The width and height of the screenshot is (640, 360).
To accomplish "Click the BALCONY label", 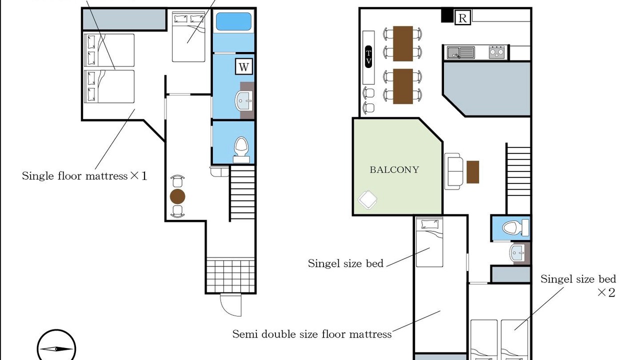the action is (394, 169).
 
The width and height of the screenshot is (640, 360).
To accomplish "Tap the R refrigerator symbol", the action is (462, 17).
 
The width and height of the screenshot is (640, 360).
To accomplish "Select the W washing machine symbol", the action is (243, 66).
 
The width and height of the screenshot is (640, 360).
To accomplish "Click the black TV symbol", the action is (368, 57).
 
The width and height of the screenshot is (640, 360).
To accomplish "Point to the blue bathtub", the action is (233, 21).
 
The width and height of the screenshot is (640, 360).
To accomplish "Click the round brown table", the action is (177, 196).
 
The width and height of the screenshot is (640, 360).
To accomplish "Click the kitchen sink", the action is (461, 53).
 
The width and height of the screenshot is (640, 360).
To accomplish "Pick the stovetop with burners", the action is (496, 52).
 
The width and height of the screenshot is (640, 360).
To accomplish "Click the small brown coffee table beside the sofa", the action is (473, 172).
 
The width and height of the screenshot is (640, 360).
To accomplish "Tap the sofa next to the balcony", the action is (453, 171).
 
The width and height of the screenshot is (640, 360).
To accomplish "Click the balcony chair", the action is (367, 199).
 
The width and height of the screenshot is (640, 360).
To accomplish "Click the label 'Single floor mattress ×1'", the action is (84, 175).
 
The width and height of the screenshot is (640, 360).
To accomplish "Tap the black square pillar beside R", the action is (447, 15).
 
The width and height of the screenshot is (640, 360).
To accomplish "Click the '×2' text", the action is (606, 292).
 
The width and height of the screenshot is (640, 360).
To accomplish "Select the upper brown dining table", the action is (403, 43).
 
